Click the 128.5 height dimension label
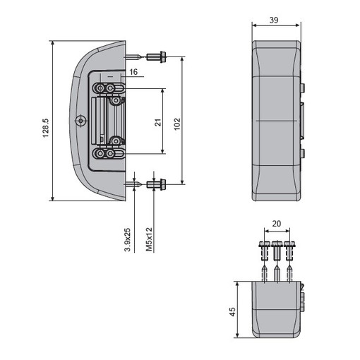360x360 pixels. (x=45, y=128)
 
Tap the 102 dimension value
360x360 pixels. (x=177, y=124)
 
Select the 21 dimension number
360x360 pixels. (x=158, y=122)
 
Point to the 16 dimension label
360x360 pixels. (x=133, y=72)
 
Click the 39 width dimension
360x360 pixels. (x=274, y=20)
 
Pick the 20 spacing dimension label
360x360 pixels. (x=277, y=224)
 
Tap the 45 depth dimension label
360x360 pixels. (x=232, y=312)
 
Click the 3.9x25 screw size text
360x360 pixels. (x=128, y=239)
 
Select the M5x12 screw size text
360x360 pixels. (x=149, y=239)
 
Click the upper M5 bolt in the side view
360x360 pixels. (x=156, y=56)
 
